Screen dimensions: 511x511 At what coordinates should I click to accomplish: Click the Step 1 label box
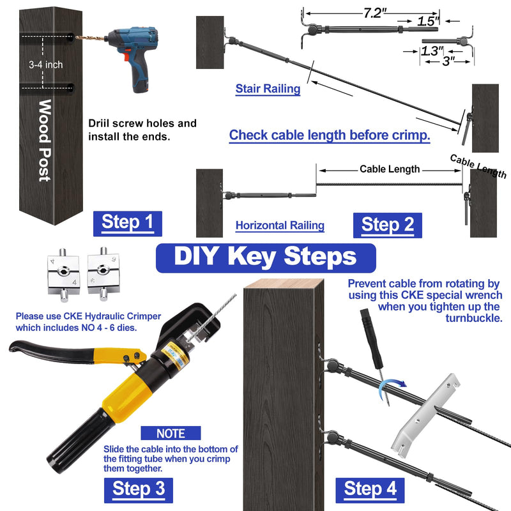(x=127, y=224)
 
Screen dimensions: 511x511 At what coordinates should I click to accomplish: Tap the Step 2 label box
(x=388, y=225)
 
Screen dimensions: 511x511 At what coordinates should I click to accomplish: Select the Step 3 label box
(x=139, y=490)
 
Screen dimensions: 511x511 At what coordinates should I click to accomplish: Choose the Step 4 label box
(x=370, y=490)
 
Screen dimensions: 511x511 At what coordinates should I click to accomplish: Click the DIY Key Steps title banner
(x=266, y=258)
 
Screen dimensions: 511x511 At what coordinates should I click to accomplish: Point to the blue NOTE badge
(x=171, y=433)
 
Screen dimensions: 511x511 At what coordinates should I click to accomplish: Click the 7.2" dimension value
(x=375, y=13)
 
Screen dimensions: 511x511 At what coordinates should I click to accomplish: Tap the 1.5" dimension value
(x=428, y=22)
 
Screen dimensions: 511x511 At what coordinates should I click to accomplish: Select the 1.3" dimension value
(x=432, y=51)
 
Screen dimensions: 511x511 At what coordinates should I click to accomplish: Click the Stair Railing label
(x=268, y=89)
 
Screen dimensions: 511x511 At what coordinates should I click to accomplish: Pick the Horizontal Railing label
(x=280, y=225)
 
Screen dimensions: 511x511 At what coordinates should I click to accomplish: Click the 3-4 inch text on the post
(x=45, y=65)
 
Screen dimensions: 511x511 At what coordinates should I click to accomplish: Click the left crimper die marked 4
(x=63, y=274)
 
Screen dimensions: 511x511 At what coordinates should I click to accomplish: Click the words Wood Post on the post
(x=45, y=140)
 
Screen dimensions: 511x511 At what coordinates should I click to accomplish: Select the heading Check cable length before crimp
(x=330, y=135)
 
